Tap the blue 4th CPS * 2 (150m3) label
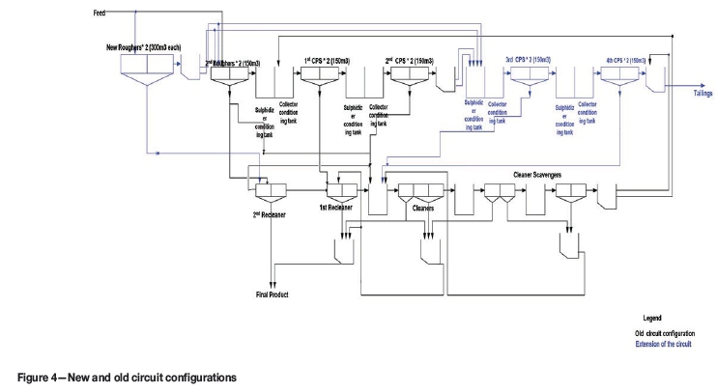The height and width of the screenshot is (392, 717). pyautogui.click(x=623, y=60)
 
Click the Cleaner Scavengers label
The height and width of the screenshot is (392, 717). pyautogui.click(x=531, y=175)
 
